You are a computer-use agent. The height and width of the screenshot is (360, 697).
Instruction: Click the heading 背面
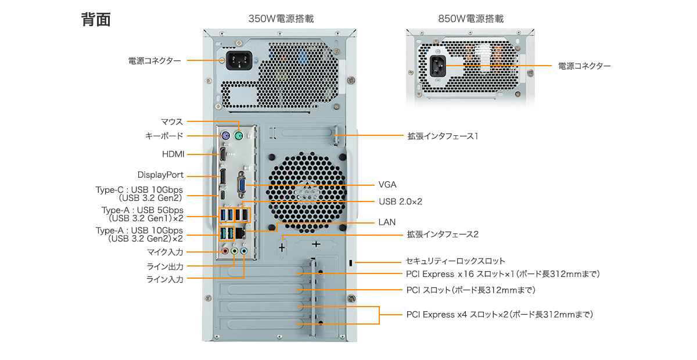pyautogui.click(x=96, y=19)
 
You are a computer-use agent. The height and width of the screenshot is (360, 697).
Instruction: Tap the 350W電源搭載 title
pyautogui.click(x=281, y=19)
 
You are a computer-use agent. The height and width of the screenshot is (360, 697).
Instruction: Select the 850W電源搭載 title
pyautogui.click(x=471, y=19)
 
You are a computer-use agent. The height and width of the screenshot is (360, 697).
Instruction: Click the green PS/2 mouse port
pyautogui.click(x=239, y=136)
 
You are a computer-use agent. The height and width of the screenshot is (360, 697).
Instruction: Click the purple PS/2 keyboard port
pyautogui.click(x=225, y=136)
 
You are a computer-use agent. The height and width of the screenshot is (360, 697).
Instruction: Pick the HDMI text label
pyautogui.click(x=173, y=154)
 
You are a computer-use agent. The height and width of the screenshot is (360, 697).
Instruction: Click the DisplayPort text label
pyautogui.click(x=160, y=175)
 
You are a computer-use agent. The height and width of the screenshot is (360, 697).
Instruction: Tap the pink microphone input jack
pyautogui.click(x=225, y=251)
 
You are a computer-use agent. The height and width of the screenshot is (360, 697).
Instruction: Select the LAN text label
pyautogui.click(x=387, y=222)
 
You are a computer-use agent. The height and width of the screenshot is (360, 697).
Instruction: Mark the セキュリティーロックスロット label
pyautogui.click(x=455, y=261)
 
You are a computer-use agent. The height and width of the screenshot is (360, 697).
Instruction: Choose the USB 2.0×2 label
pyautogui.click(x=400, y=201)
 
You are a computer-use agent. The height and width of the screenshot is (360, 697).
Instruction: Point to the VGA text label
pyautogui.click(x=387, y=185)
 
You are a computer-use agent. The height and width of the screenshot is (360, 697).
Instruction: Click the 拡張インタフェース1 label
pyautogui.click(x=442, y=136)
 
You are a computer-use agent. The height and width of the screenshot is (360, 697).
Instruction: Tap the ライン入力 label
pyautogui.click(x=165, y=279)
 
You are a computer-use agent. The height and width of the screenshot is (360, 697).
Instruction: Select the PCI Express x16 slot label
pyautogui.click(x=502, y=273)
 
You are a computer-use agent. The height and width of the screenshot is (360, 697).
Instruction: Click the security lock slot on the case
pyautogui.click(x=350, y=263)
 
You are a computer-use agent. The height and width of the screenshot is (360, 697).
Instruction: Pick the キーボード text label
pyautogui.click(x=164, y=136)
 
